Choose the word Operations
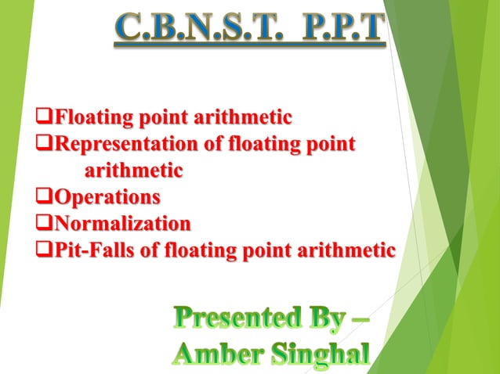107,196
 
